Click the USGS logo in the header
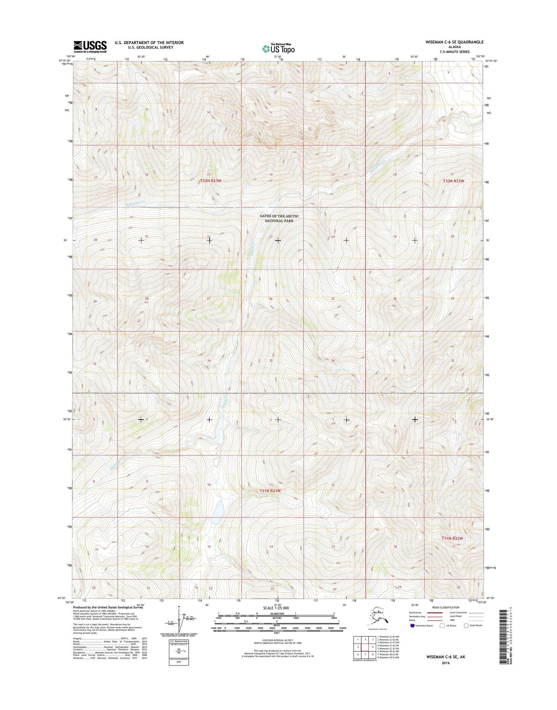coord(90,46)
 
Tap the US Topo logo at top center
coord(278,48)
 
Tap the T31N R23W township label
coord(270,491)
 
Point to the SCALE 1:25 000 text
coord(276,608)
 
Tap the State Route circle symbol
coord(466,625)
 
